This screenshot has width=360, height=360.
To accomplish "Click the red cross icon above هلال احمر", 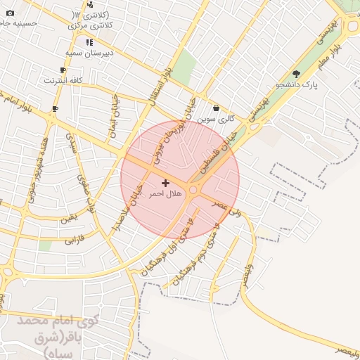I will click(165, 183).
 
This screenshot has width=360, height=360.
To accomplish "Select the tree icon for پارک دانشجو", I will click(296, 73).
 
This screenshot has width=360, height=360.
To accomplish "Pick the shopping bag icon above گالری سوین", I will click(215, 108).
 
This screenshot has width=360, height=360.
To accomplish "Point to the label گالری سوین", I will click(215, 119).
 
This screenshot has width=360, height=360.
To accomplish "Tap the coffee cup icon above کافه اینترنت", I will click(63, 70).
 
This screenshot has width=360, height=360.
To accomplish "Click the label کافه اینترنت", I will click(63, 81).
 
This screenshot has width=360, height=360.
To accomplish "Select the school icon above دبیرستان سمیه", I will click(89, 42).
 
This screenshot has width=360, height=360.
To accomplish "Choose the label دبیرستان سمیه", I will click(89, 53).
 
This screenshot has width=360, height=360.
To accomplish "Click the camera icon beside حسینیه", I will click(9, 13).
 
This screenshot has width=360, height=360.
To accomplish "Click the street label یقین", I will click(67, 219).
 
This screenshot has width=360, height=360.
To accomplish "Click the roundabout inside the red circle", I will click(194, 189).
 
